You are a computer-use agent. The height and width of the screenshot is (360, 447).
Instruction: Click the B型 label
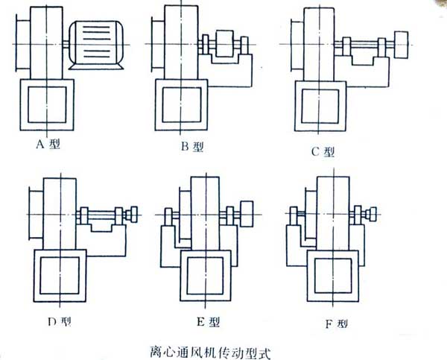(x=192, y=147)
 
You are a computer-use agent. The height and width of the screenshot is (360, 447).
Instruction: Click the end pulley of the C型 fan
(x=402, y=44)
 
